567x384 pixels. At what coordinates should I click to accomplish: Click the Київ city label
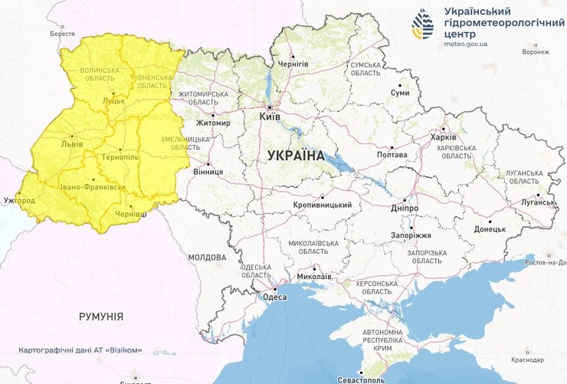(x=270, y=117)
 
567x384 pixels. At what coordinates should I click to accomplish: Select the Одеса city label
(x=274, y=297)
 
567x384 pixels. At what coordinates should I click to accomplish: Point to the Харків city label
(x=443, y=137)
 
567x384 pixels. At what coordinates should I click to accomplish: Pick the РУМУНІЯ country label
(x=101, y=316)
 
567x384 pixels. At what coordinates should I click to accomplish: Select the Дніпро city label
(x=404, y=208)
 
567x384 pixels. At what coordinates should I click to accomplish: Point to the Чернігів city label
(x=293, y=64)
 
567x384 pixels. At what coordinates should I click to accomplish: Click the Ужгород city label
(x=18, y=201)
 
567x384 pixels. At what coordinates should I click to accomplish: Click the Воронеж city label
(x=536, y=53)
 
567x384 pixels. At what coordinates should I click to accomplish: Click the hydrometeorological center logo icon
(x=422, y=25)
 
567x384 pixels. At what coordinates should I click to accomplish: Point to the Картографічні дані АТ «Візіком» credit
(x=81, y=350)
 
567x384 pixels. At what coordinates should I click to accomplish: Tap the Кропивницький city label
(x=323, y=205)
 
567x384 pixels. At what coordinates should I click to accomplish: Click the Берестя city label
(x=62, y=34)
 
